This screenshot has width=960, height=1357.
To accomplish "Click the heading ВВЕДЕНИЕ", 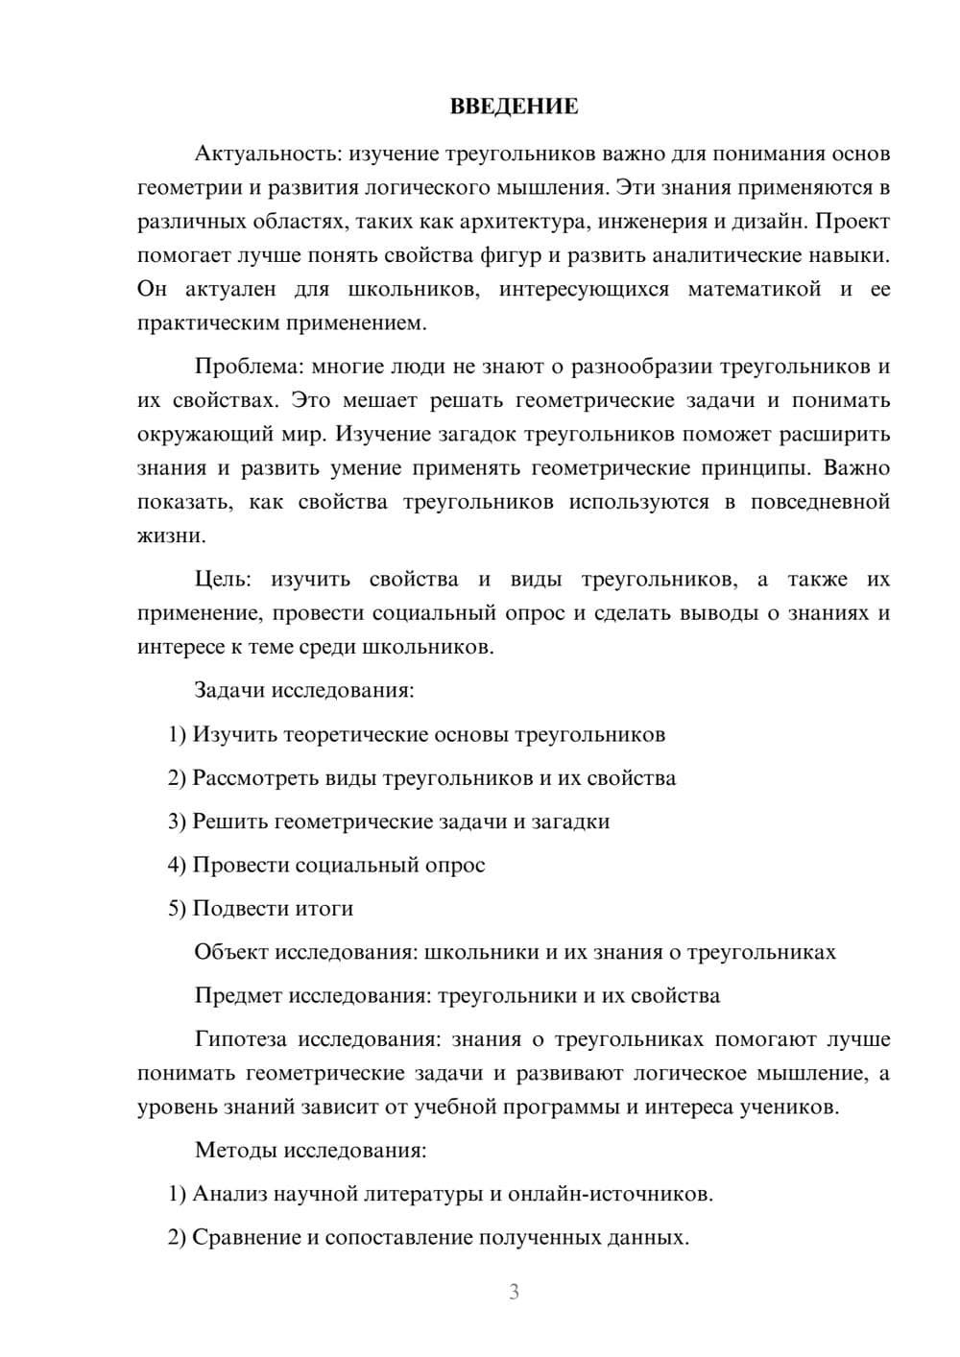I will click(514, 107).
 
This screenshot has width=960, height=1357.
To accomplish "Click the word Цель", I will click(223, 580).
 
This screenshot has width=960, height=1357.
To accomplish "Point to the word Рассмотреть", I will click(252, 777).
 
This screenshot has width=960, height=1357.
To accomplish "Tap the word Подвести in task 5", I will click(236, 908).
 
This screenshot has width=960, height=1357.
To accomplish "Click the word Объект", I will click(231, 952).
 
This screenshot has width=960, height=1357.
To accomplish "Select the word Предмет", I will click(237, 995).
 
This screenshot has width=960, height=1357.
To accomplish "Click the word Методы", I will click(234, 1150).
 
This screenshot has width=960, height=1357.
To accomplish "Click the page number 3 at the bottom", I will click(514, 1292).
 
